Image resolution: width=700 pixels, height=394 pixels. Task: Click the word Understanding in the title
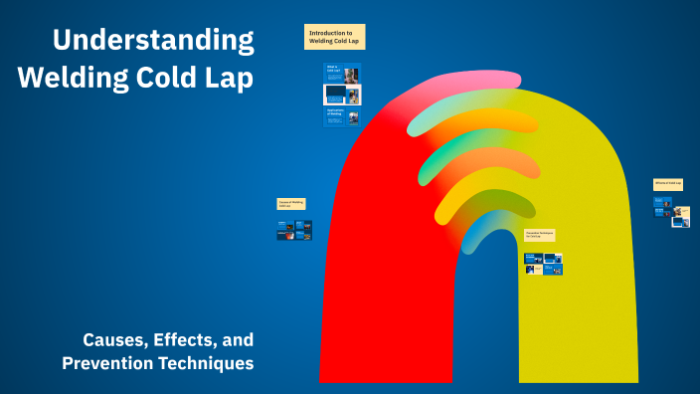click(152, 40)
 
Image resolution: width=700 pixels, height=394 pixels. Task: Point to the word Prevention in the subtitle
click(106, 363)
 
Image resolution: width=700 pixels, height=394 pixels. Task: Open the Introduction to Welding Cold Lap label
click(334, 37)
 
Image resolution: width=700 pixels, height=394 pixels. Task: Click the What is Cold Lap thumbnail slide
click(342, 73)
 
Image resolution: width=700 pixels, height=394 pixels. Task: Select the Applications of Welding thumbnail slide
click(342, 116)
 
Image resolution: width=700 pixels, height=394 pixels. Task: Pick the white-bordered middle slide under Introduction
click(342, 95)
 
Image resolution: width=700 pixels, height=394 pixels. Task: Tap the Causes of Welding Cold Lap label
click(291, 204)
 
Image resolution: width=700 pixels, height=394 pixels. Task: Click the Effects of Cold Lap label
click(668, 184)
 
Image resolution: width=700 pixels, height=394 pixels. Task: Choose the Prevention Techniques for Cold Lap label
click(540, 235)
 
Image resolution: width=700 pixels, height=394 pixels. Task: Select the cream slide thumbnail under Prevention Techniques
click(534, 269)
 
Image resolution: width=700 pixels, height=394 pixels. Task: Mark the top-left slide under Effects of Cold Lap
click(658, 202)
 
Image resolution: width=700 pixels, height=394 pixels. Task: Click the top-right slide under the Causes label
click(305, 226)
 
